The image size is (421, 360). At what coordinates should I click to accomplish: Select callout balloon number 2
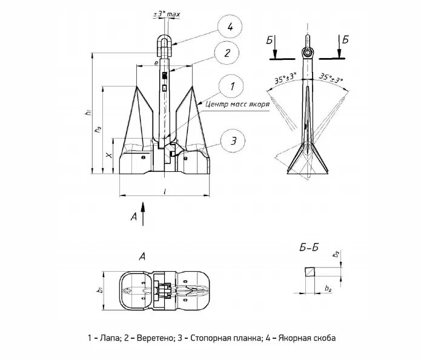227,53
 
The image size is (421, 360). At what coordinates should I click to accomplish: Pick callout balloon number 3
232,142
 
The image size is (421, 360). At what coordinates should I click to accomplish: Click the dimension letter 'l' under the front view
165,191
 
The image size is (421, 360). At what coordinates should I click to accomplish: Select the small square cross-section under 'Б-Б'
310,271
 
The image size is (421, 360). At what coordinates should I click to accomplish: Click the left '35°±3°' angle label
282,78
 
